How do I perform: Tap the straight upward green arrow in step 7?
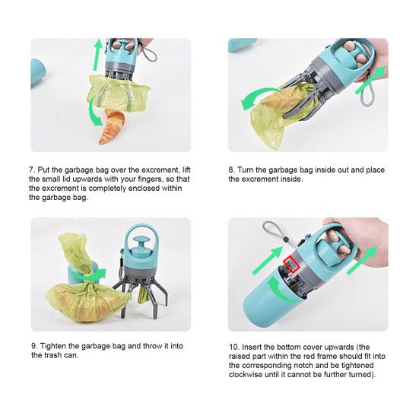coord(98,54)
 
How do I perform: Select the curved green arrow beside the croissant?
coord(94,112)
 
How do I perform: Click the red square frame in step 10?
coord(290,264)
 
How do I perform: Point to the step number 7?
coord(32,170)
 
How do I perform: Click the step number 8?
coord(231,170)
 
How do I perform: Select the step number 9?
coord(34,346)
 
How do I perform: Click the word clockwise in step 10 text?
coord(246,374)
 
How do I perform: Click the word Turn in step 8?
coord(246,170)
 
